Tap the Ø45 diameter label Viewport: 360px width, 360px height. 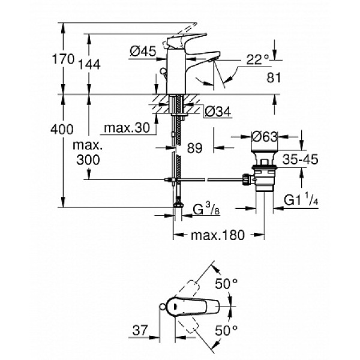[142, 52]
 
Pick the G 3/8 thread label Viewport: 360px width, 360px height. [206, 210]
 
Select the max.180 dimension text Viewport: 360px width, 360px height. [218, 235]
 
